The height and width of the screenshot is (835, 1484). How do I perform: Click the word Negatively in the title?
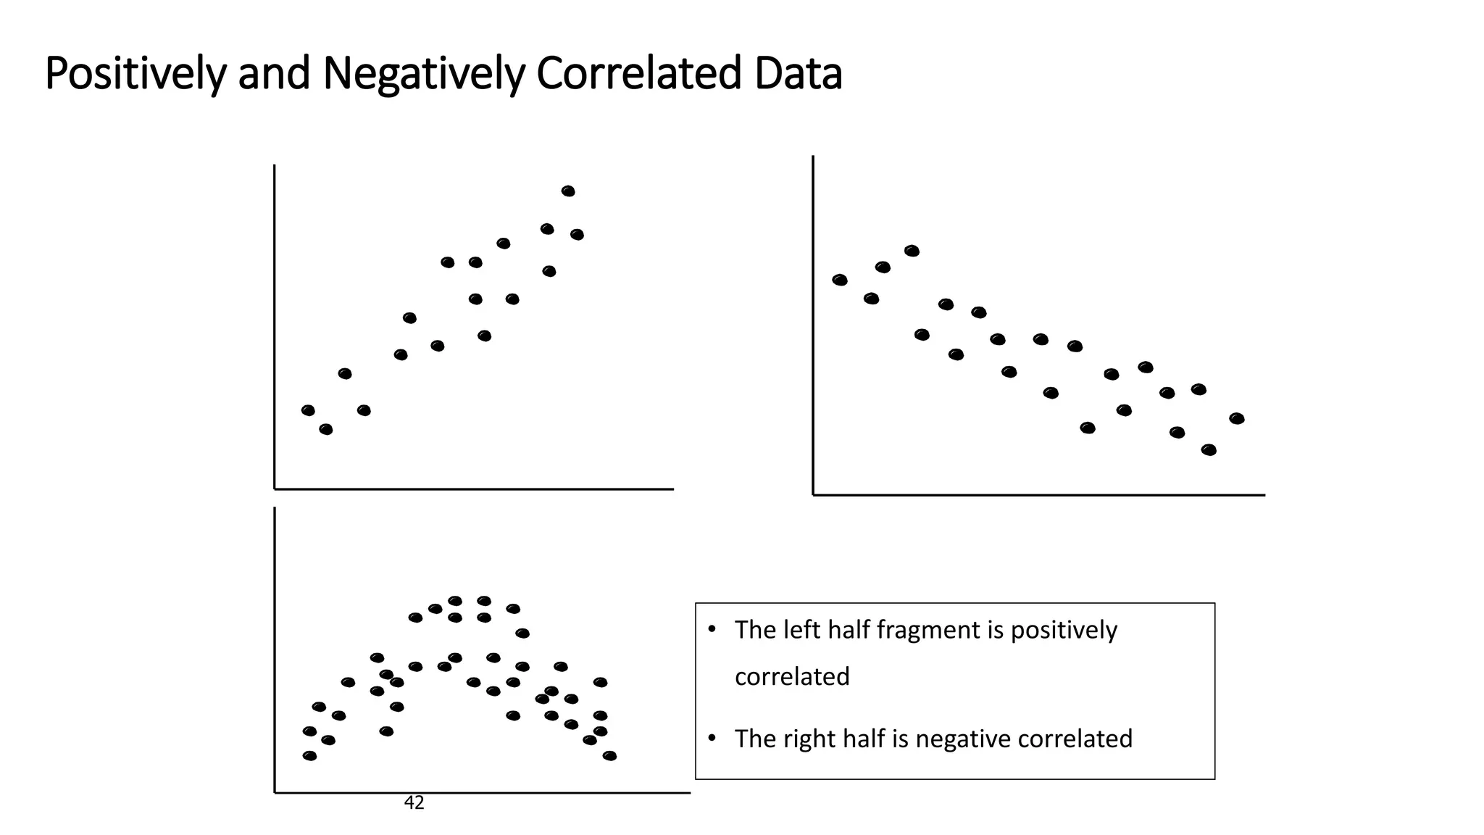pyautogui.click(x=423, y=74)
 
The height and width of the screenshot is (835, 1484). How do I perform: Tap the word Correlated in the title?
pyautogui.click(x=638, y=74)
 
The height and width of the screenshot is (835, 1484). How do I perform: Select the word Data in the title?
pyautogui.click(x=798, y=74)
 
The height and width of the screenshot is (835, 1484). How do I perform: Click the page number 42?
pyautogui.click(x=414, y=802)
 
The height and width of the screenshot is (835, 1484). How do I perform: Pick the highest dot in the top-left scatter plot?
pyautogui.click(x=568, y=191)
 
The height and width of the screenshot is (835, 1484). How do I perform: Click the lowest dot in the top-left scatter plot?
pyautogui.click(x=326, y=429)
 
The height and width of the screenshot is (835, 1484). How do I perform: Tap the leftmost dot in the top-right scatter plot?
pyautogui.click(x=840, y=280)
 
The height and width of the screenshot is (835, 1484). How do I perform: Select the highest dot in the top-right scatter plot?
pyautogui.click(x=912, y=251)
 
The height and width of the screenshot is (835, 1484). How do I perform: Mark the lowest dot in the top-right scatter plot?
pyautogui.click(x=1209, y=450)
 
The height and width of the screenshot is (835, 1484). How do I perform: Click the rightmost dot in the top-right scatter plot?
pyautogui.click(x=1237, y=418)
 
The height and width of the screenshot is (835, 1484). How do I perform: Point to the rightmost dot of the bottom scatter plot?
pyautogui.click(x=609, y=755)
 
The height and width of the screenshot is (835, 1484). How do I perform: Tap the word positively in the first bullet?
pyautogui.click(x=1064, y=630)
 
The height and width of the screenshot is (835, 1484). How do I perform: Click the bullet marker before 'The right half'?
pyautogui.click(x=712, y=738)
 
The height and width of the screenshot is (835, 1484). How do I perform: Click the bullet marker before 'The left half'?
pyautogui.click(x=712, y=629)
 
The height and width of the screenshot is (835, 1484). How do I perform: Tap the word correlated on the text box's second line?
pyautogui.click(x=792, y=676)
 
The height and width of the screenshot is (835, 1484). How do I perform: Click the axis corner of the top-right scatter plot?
pyautogui.click(x=814, y=494)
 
